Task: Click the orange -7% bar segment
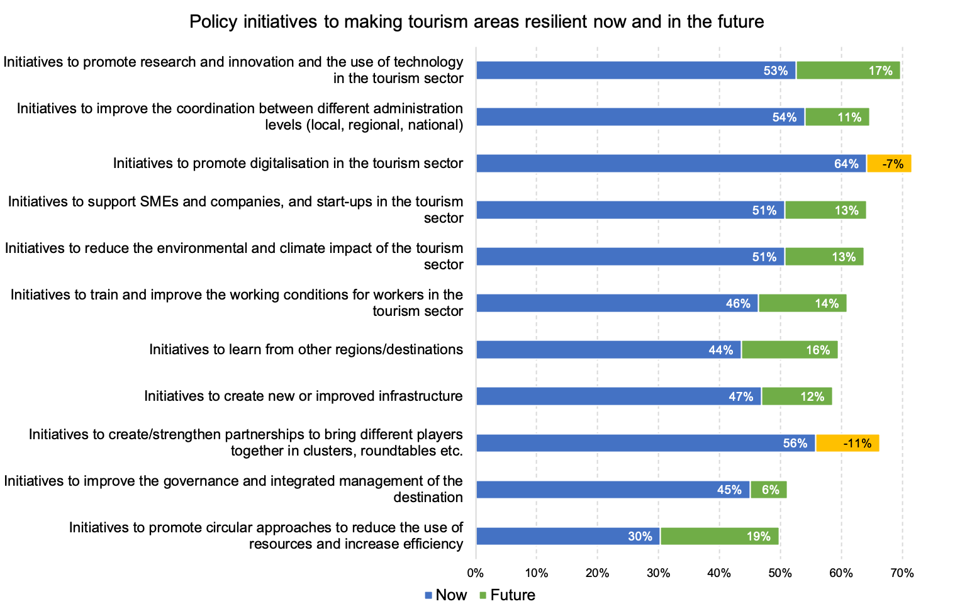[888, 164]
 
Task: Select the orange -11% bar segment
[847, 443]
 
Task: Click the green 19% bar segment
[719, 536]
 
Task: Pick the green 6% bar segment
[768, 490]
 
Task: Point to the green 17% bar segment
[848, 70]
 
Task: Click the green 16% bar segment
[790, 350]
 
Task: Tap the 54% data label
[785, 117]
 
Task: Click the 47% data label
[741, 396]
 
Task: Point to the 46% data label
[738, 303]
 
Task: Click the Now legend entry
[446, 595]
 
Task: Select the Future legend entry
[507, 595]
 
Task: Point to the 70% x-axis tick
[902, 573]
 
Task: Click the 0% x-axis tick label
[476, 573]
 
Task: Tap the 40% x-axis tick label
[719, 573]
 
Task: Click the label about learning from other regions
[306, 350]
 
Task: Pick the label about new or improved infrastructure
[303, 396]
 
